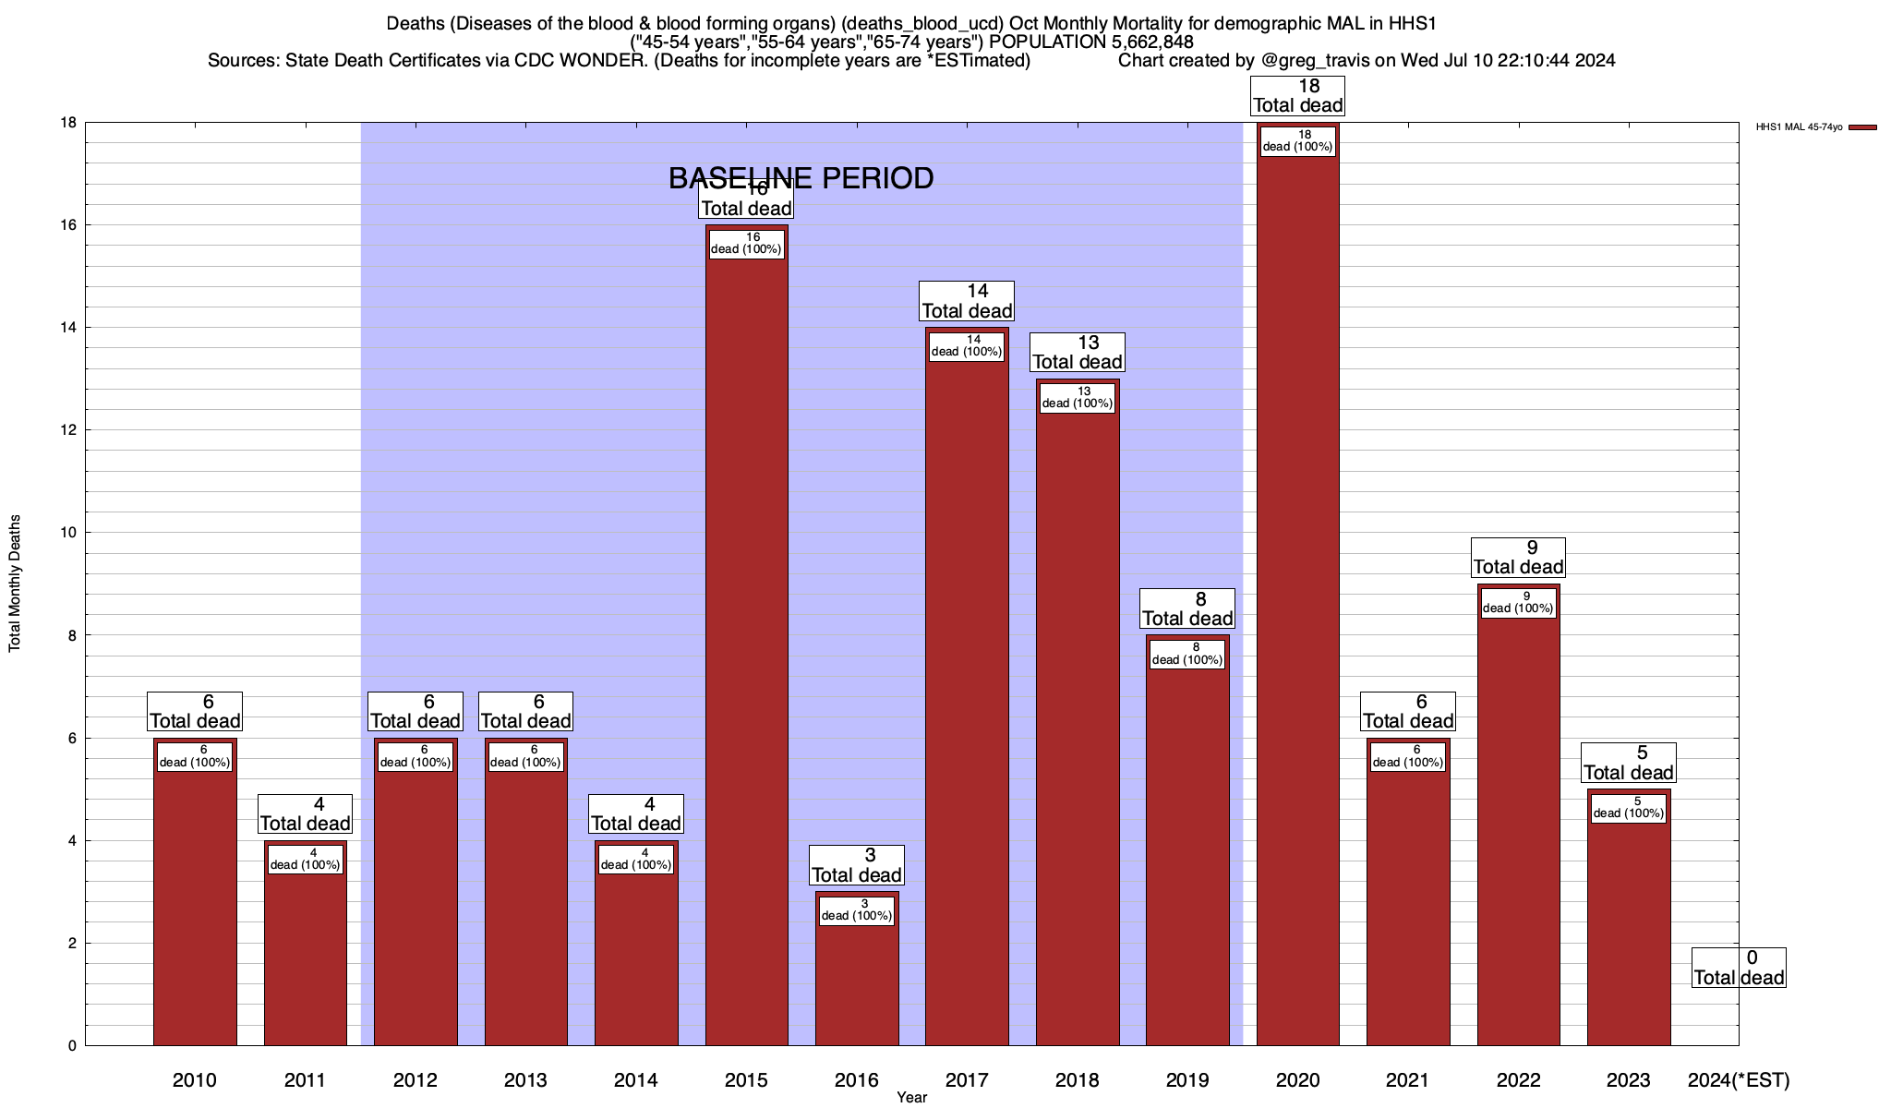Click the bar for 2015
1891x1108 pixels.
click(746, 646)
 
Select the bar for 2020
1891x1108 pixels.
click(1297, 600)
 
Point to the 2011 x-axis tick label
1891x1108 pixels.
click(305, 1080)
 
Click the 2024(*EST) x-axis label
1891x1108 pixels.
click(1738, 1080)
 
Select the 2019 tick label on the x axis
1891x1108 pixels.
click(1187, 1080)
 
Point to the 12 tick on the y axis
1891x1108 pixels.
click(70, 430)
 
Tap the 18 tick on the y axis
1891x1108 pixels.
click(70, 123)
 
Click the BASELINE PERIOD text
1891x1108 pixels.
click(801, 178)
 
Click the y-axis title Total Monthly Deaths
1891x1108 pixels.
click(15, 584)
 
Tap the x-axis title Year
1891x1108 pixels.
click(911, 1098)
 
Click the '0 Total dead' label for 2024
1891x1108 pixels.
click(1739, 968)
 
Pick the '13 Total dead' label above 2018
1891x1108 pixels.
click(1077, 352)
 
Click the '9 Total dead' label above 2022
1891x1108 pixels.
click(1518, 557)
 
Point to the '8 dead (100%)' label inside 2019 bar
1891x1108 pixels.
click(1187, 654)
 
